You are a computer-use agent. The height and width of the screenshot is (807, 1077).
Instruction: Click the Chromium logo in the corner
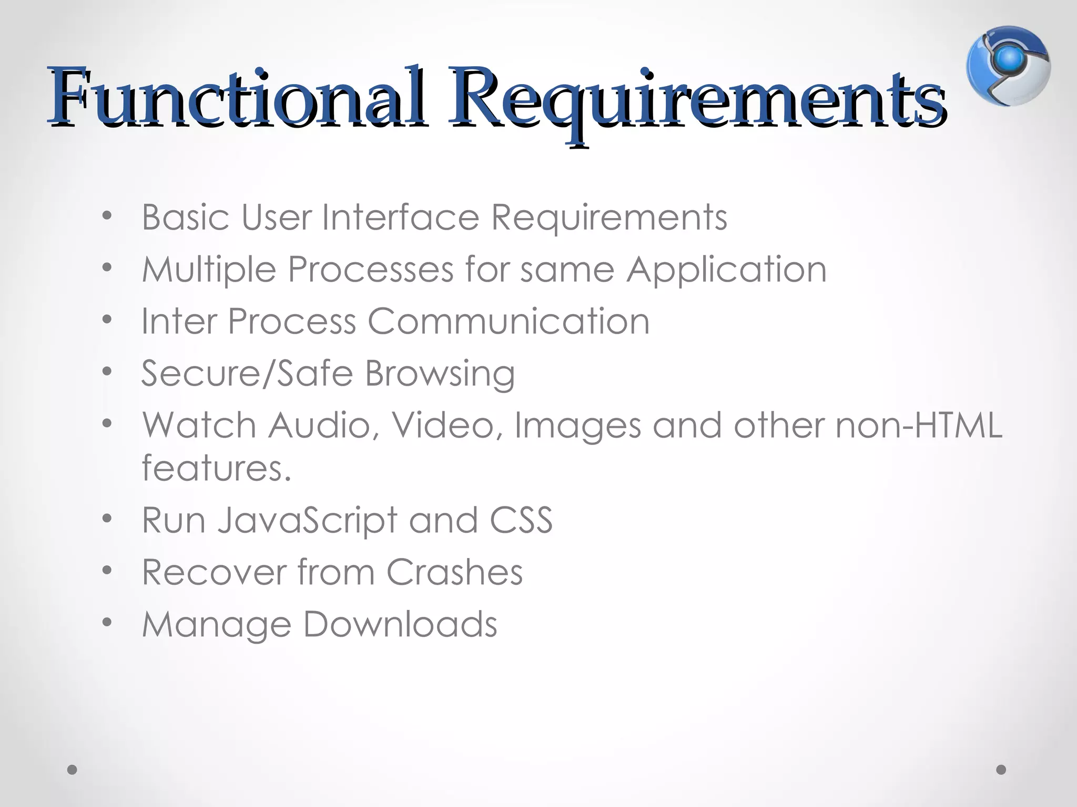[1008, 66]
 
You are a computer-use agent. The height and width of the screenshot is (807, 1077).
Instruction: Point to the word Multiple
[209, 270]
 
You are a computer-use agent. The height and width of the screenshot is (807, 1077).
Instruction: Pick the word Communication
[509, 321]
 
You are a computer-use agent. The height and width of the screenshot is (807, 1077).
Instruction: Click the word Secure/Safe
[247, 373]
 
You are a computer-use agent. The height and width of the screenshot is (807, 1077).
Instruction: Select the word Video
[446, 425]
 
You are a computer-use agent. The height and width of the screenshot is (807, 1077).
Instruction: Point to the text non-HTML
[919, 425]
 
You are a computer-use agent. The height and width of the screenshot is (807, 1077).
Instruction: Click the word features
[216, 468]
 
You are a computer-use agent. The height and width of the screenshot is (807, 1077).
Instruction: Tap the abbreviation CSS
[521, 521]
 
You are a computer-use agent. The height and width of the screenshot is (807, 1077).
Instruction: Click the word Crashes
[454, 572]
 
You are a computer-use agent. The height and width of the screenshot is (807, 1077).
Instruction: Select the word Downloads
[400, 624]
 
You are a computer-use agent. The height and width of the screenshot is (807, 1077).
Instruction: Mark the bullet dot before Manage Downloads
[107, 623]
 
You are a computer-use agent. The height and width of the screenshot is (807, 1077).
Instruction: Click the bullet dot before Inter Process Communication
[107, 320]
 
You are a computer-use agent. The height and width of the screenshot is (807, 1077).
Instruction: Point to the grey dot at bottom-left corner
[73, 770]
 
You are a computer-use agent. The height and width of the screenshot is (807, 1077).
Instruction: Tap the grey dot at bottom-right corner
[1001, 770]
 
